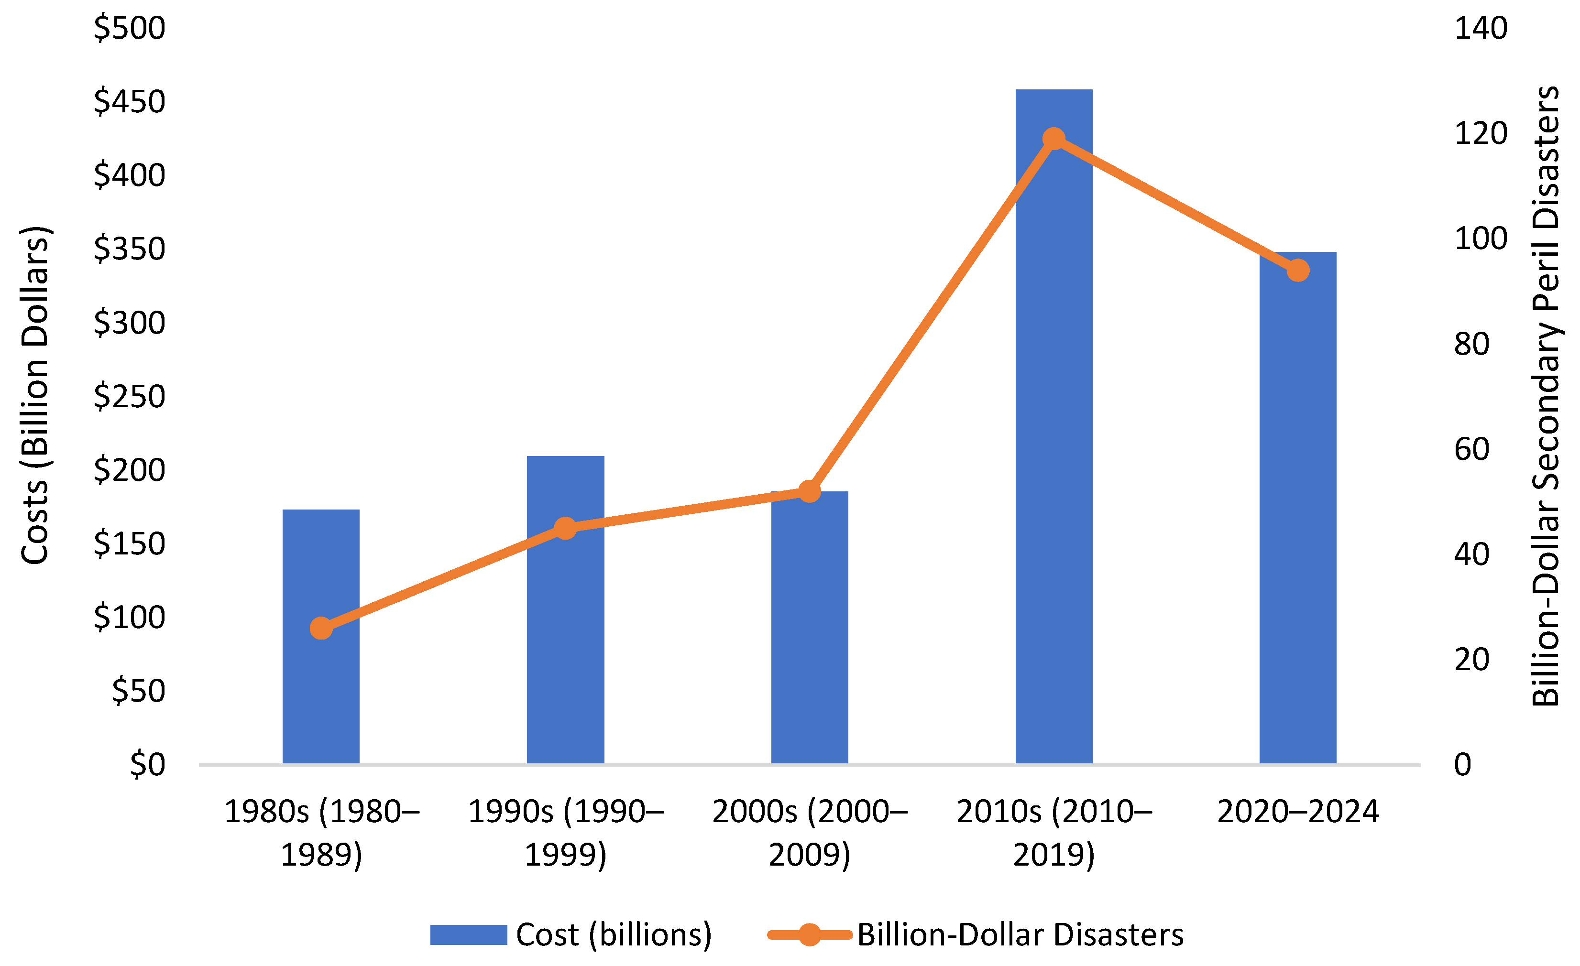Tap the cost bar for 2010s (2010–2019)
pos(1053,426)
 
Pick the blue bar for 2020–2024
pos(1298,508)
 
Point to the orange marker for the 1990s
pos(566,528)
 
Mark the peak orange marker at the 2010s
pos(1054,139)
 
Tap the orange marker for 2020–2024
pos(1298,271)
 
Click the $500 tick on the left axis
pos(130,29)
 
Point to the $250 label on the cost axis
pos(130,397)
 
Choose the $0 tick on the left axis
pos(147,765)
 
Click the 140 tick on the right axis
pos(1481,29)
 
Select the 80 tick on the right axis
pos(1471,344)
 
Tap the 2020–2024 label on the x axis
pos(1298,812)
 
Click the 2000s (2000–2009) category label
pos(810,833)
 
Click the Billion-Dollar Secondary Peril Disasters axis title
pos(1546,395)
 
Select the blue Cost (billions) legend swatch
pos(469,934)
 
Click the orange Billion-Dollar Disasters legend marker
pos(810,934)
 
